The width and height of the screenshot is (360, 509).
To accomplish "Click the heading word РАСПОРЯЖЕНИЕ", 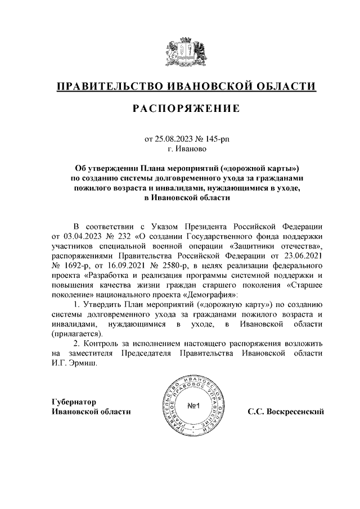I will [x=186, y=108].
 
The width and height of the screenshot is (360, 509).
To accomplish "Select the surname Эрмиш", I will [x=84, y=363].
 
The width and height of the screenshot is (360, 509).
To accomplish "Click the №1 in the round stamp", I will [x=195, y=406].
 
